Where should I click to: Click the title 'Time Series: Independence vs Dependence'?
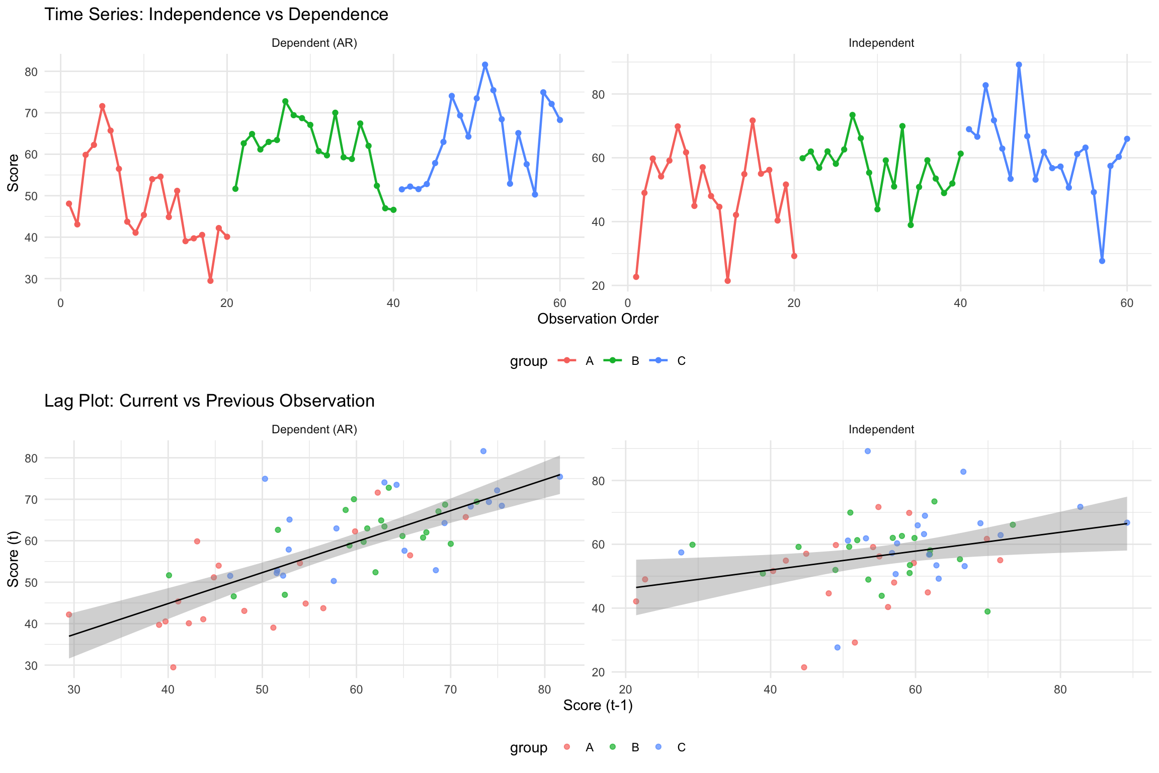pyautogui.click(x=216, y=15)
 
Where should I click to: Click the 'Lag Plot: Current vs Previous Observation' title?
pyautogui.click(x=209, y=401)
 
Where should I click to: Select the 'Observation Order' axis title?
pyautogui.click(x=598, y=319)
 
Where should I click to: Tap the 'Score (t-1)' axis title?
pyautogui.click(x=598, y=706)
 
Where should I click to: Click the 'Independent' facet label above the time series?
pyautogui.click(x=881, y=43)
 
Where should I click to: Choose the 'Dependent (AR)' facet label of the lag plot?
pyautogui.click(x=314, y=430)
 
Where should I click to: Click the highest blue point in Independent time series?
pyautogui.click(x=1019, y=65)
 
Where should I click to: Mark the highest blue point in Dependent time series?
pyautogui.click(x=485, y=65)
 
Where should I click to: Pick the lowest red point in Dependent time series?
pyautogui.click(x=210, y=281)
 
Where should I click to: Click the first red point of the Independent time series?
pyautogui.click(x=636, y=277)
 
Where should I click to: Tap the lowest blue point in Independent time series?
pyautogui.click(x=1102, y=261)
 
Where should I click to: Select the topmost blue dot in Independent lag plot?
pyautogui.click(x=868, y=451)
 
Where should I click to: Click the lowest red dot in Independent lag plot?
pyautogui.click(x=804, y=667)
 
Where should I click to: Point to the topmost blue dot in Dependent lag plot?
pyautogui.click(x=483, y=451)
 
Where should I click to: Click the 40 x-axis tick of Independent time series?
pyautogui.click(x=960, y=303)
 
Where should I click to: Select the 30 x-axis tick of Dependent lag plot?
pyautogui.click(x=74, y=689)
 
